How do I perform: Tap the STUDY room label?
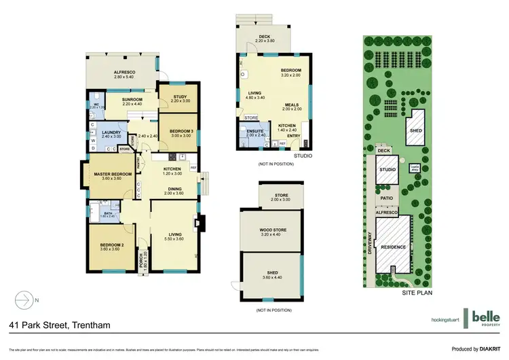[x=179, y=96]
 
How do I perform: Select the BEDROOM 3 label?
[x=181, y=130]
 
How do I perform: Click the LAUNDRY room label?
[x=110, y=132]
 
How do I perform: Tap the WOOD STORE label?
[x=273, y=230]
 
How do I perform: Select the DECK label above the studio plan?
[x=266, y=37]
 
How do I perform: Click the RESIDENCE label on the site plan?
[x=394, y=247]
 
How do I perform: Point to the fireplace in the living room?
[x=197, y=222]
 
